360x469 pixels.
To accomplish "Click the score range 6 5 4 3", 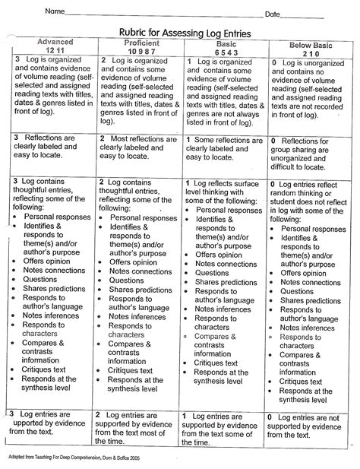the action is point(223,53).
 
